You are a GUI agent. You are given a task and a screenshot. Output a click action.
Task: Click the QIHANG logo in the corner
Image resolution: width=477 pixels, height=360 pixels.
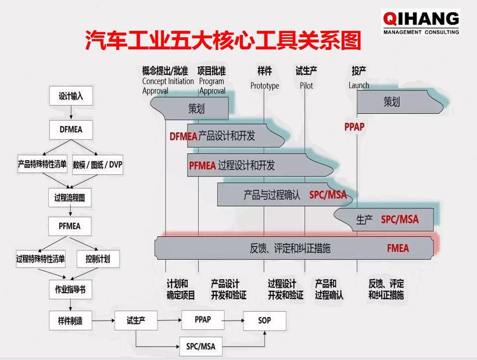420,21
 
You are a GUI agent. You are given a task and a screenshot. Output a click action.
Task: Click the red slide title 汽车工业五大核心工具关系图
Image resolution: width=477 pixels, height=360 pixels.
223,41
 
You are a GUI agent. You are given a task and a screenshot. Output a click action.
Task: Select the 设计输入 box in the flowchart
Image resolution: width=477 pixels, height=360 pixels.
70,96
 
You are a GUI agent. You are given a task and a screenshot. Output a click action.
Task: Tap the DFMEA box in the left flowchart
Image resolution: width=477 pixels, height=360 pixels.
70,129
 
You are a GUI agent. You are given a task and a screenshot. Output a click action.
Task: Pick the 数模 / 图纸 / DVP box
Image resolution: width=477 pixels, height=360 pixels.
98,165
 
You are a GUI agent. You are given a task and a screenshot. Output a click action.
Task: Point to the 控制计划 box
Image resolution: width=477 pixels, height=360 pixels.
98,259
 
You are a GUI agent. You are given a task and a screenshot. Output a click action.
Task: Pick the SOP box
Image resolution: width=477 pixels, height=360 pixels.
264,321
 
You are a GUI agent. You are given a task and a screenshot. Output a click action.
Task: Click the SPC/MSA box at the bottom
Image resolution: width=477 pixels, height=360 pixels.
200,347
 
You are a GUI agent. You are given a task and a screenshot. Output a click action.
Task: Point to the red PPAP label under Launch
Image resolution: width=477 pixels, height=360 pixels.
354,127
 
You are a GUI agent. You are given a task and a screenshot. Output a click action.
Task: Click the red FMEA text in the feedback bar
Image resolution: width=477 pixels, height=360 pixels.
398,249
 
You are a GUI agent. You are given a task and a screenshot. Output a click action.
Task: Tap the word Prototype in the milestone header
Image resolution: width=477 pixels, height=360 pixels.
264,86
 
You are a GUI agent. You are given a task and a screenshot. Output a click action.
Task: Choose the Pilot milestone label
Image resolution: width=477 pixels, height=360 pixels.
306,86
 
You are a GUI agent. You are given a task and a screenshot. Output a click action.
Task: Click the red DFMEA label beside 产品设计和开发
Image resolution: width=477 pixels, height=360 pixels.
184,137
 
